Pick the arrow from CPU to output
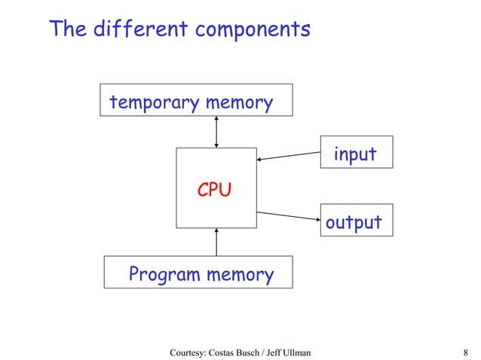pos(289,216)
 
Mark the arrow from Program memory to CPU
pos(216,242)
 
